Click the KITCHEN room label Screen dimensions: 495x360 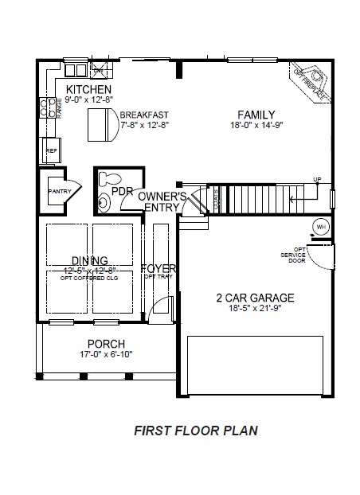[x=88, y=89]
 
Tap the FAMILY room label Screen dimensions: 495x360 [x=257, y=114]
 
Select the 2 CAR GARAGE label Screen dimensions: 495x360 [x=255, y=298]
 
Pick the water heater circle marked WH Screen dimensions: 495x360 [x=322, y=226]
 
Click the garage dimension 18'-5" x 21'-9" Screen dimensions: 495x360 [x=255, y=310]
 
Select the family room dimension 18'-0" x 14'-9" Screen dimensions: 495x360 [x=257, y=125]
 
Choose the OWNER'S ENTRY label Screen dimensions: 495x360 [x=162, y=201]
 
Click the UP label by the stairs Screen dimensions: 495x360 [x=316, y=179]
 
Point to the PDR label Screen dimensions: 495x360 [x=121, y=192]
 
